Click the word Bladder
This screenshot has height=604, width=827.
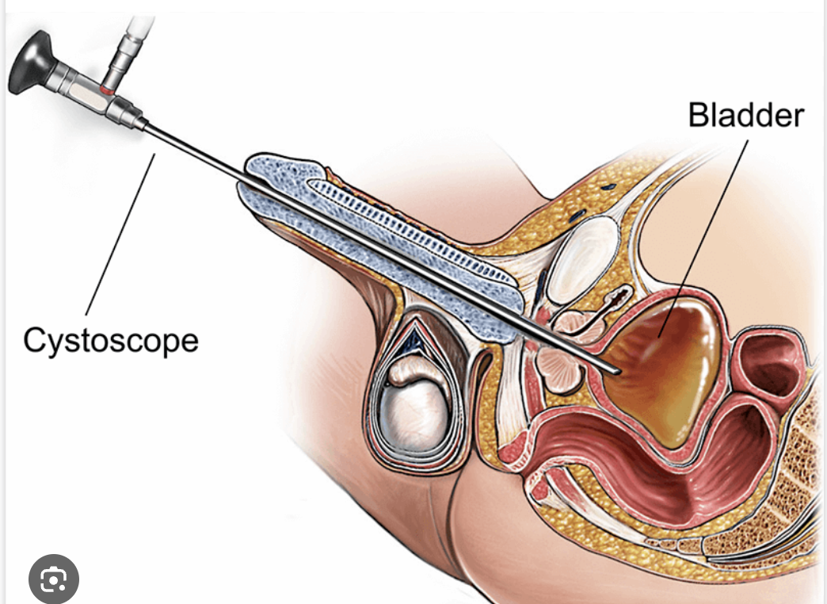click(x=745, y=116)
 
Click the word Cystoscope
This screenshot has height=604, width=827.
click(x=110, y=342)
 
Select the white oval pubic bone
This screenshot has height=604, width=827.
click(x=585, y=261)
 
